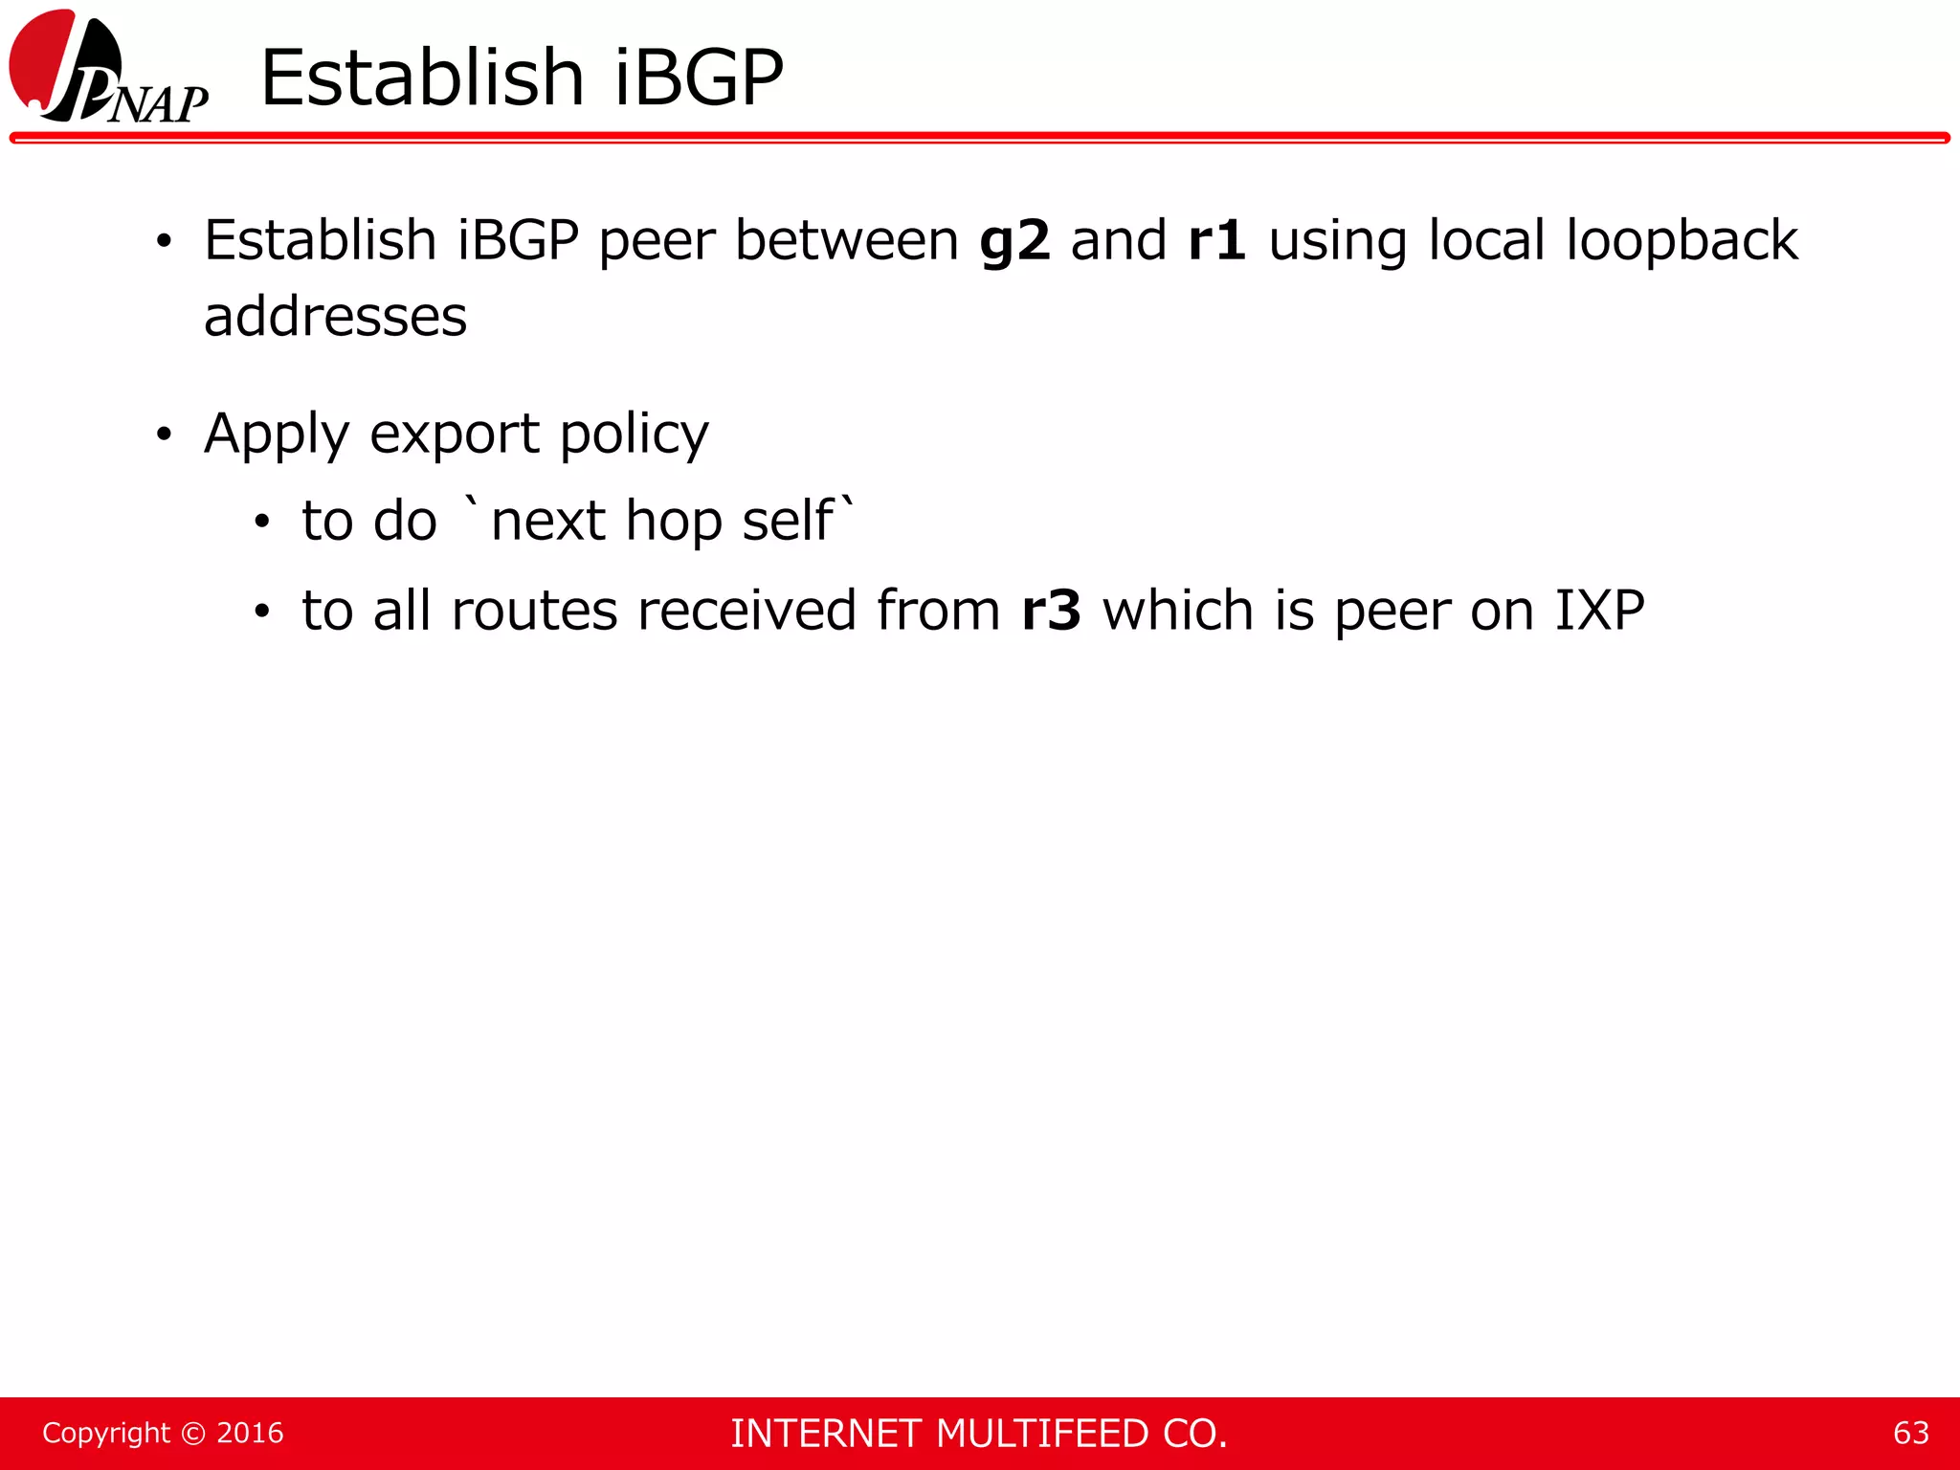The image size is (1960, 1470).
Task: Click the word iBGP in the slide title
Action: coord(699,78)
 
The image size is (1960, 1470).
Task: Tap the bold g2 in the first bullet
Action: coord(1014,241)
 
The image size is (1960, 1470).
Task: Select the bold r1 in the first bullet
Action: coord(1216,239)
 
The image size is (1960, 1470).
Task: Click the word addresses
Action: coord(335,317)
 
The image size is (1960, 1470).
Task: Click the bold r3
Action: coord(1051,611)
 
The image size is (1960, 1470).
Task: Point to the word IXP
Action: coord(1599,610)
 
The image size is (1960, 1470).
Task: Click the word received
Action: coord(746,611)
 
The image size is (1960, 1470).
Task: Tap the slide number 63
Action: coord(1910,1433)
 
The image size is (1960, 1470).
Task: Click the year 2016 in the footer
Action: coord(250,1433)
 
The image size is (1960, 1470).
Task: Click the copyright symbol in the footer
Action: coord(193,1433)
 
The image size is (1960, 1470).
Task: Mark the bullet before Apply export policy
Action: coord(165,435)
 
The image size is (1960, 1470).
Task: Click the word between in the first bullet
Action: coord(846,239)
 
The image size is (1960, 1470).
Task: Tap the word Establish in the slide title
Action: coord(422,78)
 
